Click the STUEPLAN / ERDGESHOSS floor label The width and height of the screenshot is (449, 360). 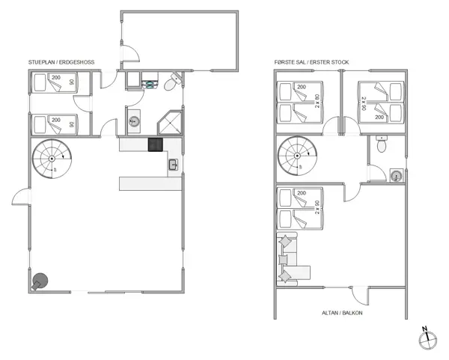click(61, 62)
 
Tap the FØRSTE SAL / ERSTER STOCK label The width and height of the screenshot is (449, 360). click(311, 62)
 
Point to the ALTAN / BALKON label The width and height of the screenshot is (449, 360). click(342, 313)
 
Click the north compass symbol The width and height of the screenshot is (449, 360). click(427, 338)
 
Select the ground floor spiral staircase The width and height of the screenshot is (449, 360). click(52, 159)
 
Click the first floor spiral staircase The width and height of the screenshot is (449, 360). click(297, 156)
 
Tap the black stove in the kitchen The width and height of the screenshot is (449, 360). click(155, 144)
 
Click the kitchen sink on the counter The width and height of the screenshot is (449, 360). click(173, 165)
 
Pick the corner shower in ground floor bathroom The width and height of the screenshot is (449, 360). click(170, 123)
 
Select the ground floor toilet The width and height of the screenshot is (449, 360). click(172, 82)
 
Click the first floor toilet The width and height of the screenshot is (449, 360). click(382, 144)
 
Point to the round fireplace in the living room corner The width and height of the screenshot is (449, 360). click(39, 281)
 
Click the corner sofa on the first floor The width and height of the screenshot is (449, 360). click(293, 259)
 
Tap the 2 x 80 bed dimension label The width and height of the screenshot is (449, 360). click(317, 101)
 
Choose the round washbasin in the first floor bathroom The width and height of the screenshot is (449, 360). click(397, 176)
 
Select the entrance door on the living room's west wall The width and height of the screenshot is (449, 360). click(21, 197)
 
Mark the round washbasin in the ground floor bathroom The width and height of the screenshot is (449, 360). click(134, 121)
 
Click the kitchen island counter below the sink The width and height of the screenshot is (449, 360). click(150, 183)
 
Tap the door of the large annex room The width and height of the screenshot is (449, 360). click(130, 53)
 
